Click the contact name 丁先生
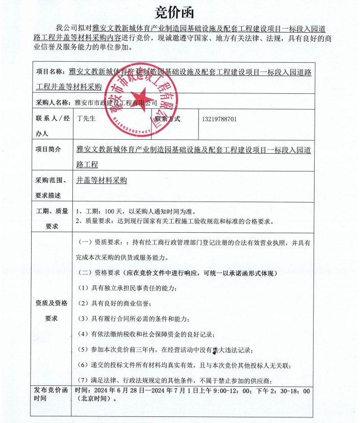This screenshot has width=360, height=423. coord(86,119)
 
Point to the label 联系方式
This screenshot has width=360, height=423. coord(169,119)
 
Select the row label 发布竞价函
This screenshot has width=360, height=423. coord(51,391)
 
